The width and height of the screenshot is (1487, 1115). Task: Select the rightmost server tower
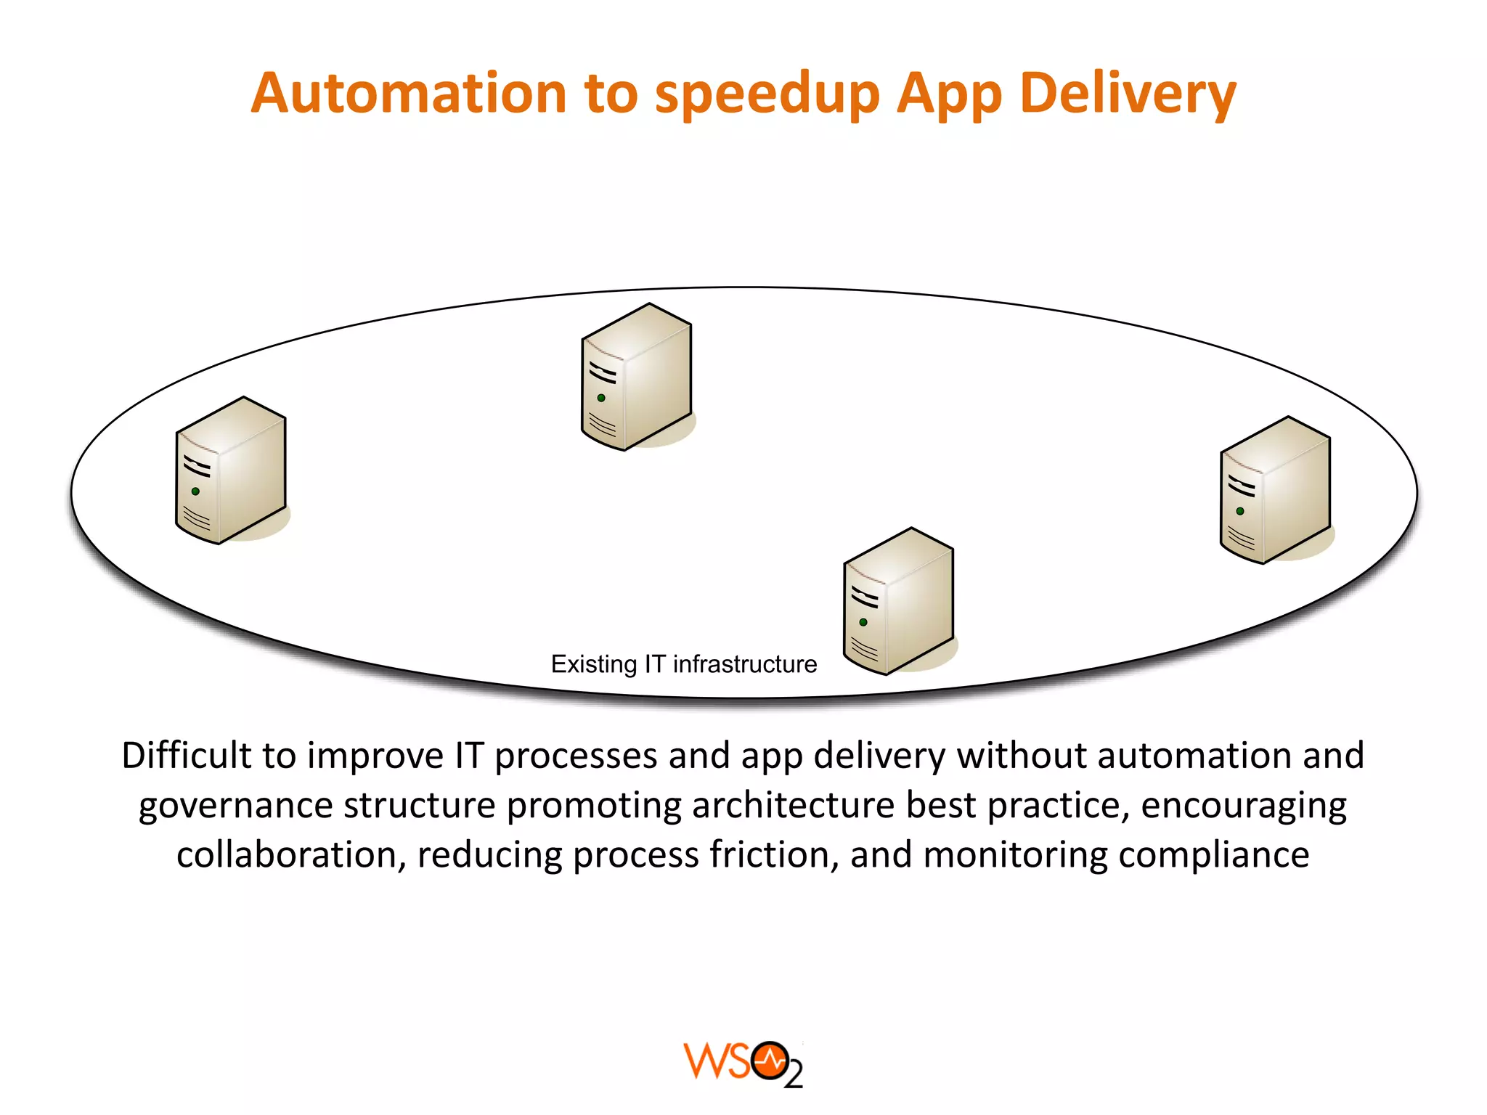[x=1276, y=490]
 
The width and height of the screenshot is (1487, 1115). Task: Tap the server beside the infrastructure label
[x=899, y=602]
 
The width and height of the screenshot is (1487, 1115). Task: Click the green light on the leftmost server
[x=195, y=491]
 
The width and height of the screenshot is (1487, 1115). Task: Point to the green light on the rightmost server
[x=1240, y=511]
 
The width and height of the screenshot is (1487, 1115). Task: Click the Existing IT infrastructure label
[x=684, y=664]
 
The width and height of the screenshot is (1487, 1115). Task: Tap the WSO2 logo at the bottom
[x=742, y=1064]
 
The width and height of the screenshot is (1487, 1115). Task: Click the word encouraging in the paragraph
[x=1244, y=806]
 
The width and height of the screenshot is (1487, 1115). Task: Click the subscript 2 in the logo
[x=794, y=1075]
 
